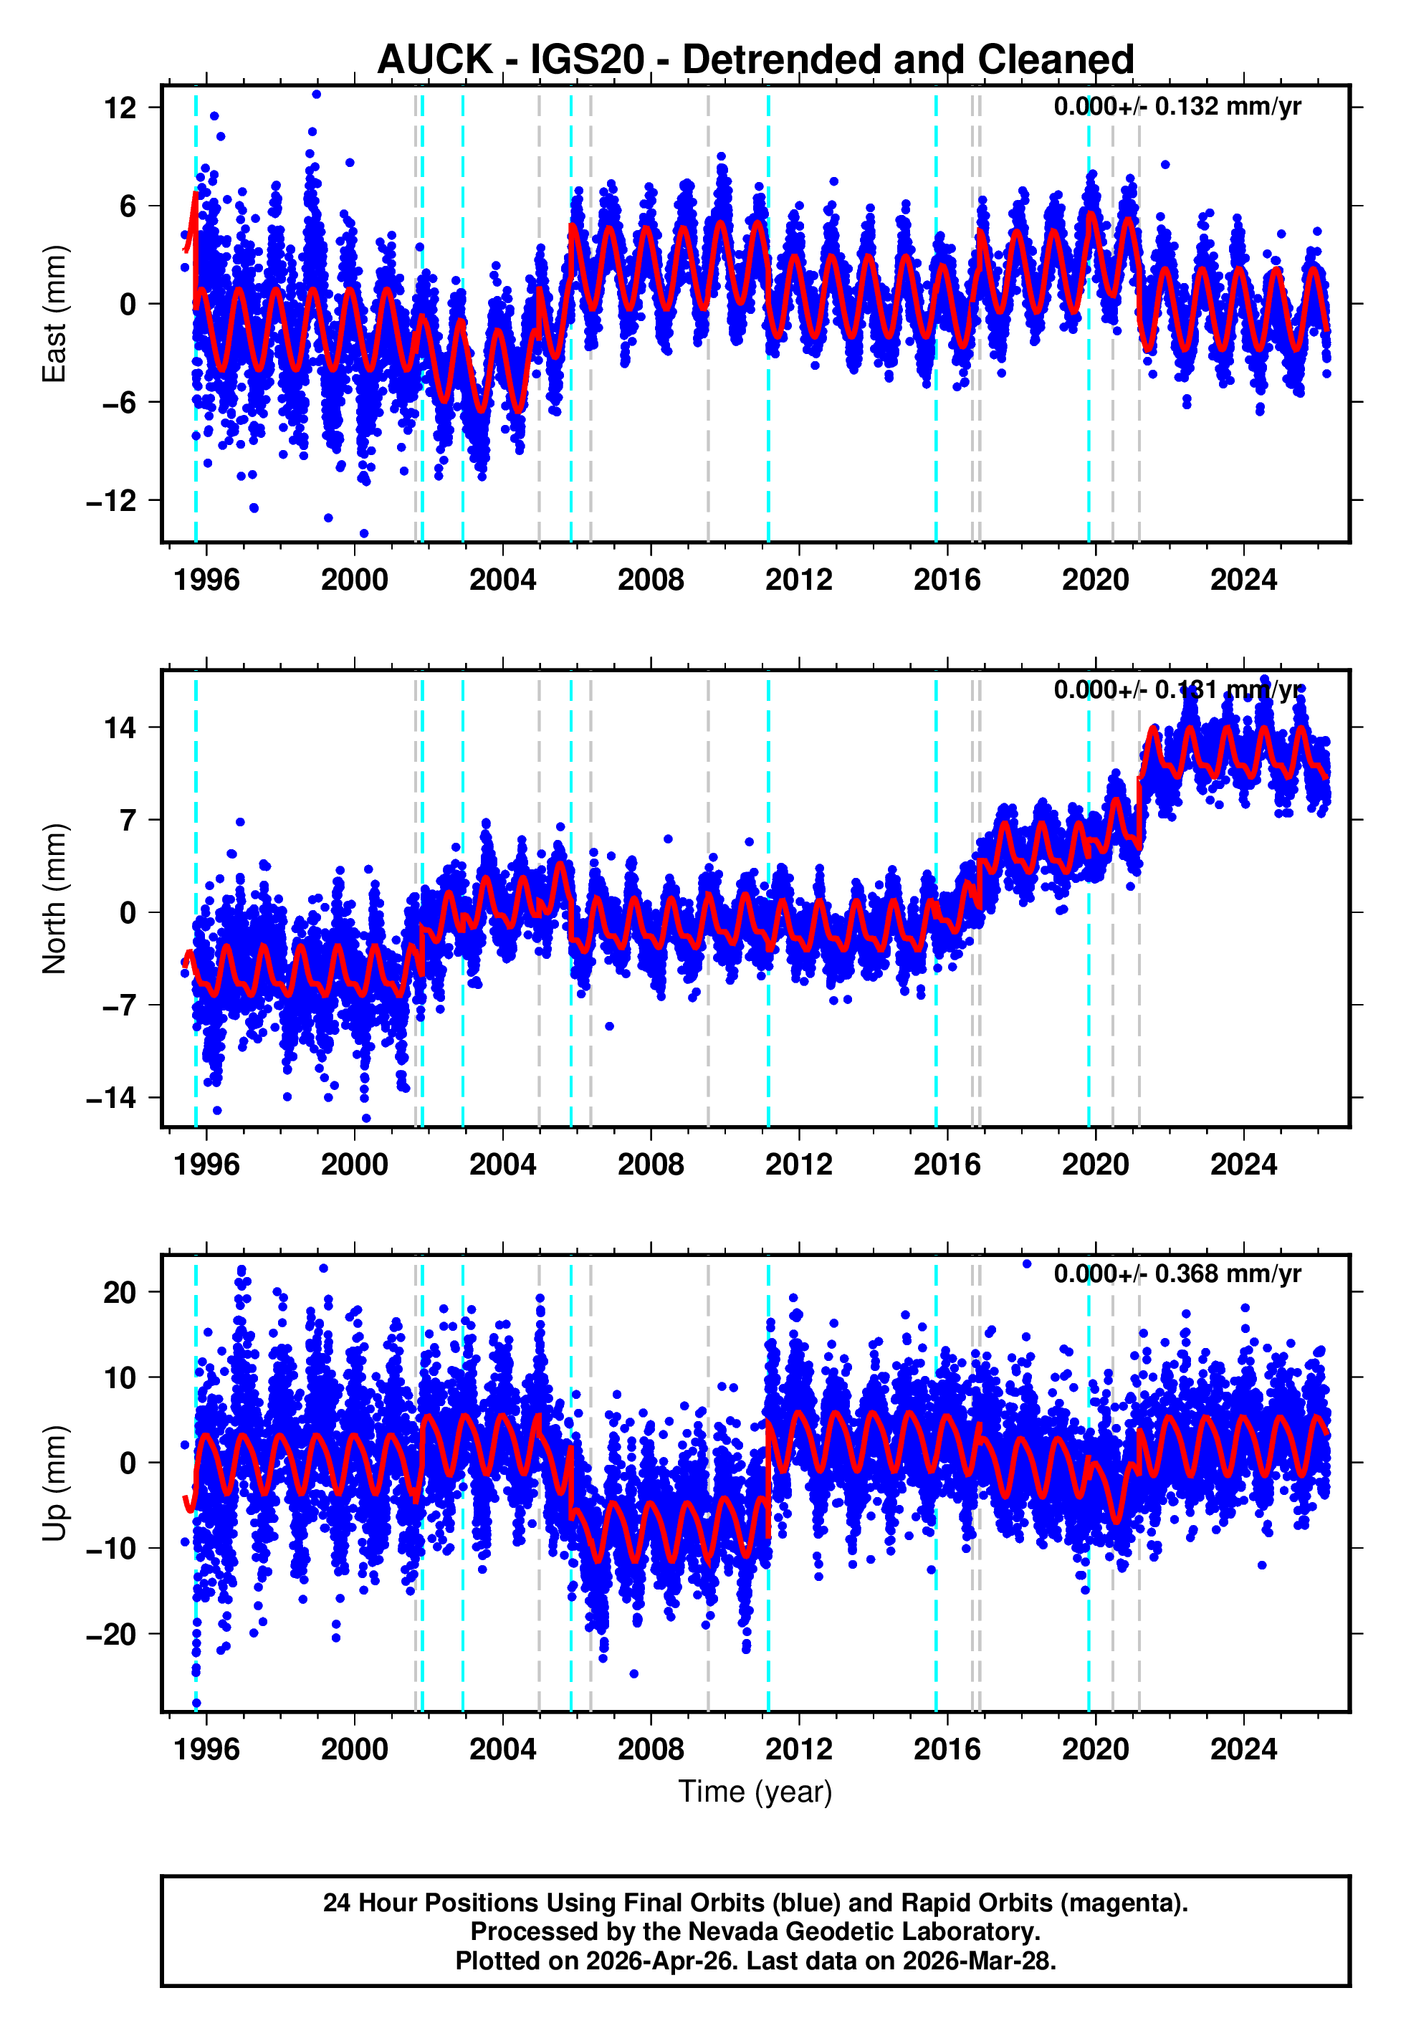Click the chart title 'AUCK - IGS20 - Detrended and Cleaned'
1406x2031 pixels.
click(755, 60)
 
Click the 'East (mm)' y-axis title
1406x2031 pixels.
click(54, 314)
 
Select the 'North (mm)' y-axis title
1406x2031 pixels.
click(54, 899)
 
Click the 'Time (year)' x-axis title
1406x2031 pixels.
click(755, 1792)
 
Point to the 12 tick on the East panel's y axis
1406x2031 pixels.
click(120, 108)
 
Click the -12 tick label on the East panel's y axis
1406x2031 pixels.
click(112, 500)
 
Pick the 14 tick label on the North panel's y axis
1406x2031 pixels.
click(120, 727)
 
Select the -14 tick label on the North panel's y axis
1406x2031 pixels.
click(112, 1097)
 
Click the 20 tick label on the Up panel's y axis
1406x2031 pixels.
click(120, 1293)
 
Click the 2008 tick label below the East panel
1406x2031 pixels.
click(650, 580)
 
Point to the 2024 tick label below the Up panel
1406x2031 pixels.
click(1243, 1749)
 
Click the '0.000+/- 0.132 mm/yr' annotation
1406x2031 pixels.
click(1177, 107)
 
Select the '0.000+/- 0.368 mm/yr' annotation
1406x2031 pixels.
click(1177, 1273)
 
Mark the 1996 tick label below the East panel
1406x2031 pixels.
click(206, 580)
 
